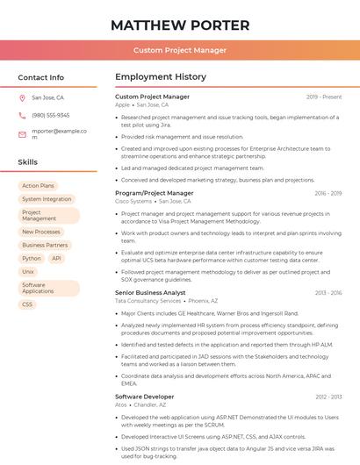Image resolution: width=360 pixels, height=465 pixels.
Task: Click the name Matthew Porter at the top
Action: (180, 25)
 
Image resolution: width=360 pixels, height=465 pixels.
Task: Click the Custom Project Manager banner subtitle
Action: (180, 51)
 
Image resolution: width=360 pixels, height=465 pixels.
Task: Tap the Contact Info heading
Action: (41, 77)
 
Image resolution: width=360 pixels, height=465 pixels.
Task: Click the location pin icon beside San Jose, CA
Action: (22, 98)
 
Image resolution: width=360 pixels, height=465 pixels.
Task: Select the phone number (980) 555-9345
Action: (51, 115)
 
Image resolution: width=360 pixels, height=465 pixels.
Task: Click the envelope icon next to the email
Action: (22, 134)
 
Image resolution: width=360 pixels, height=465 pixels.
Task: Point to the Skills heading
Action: (28, 162)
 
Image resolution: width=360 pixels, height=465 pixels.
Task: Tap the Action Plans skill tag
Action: (38, 186)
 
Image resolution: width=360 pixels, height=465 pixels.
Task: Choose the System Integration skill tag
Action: (47, 199)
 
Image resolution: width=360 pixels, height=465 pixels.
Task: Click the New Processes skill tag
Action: (41, 232)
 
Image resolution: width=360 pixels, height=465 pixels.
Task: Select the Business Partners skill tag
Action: (45, 245)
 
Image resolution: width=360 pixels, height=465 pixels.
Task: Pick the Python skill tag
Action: (32, 259)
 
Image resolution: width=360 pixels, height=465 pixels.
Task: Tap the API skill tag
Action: (56, 259)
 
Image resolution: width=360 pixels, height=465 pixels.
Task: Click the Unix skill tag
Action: (28, 272)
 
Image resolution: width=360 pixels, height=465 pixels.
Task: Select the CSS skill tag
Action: (27, 304)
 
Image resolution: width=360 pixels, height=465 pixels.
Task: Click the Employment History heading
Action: (161, 77)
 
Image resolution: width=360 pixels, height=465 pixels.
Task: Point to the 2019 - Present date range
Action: (324, 97)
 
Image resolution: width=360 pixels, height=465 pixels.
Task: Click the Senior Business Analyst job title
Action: (150, 292)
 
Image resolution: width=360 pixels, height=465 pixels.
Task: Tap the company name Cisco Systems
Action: (133, 201)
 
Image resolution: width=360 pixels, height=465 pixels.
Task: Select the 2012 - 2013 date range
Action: (328, 397)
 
